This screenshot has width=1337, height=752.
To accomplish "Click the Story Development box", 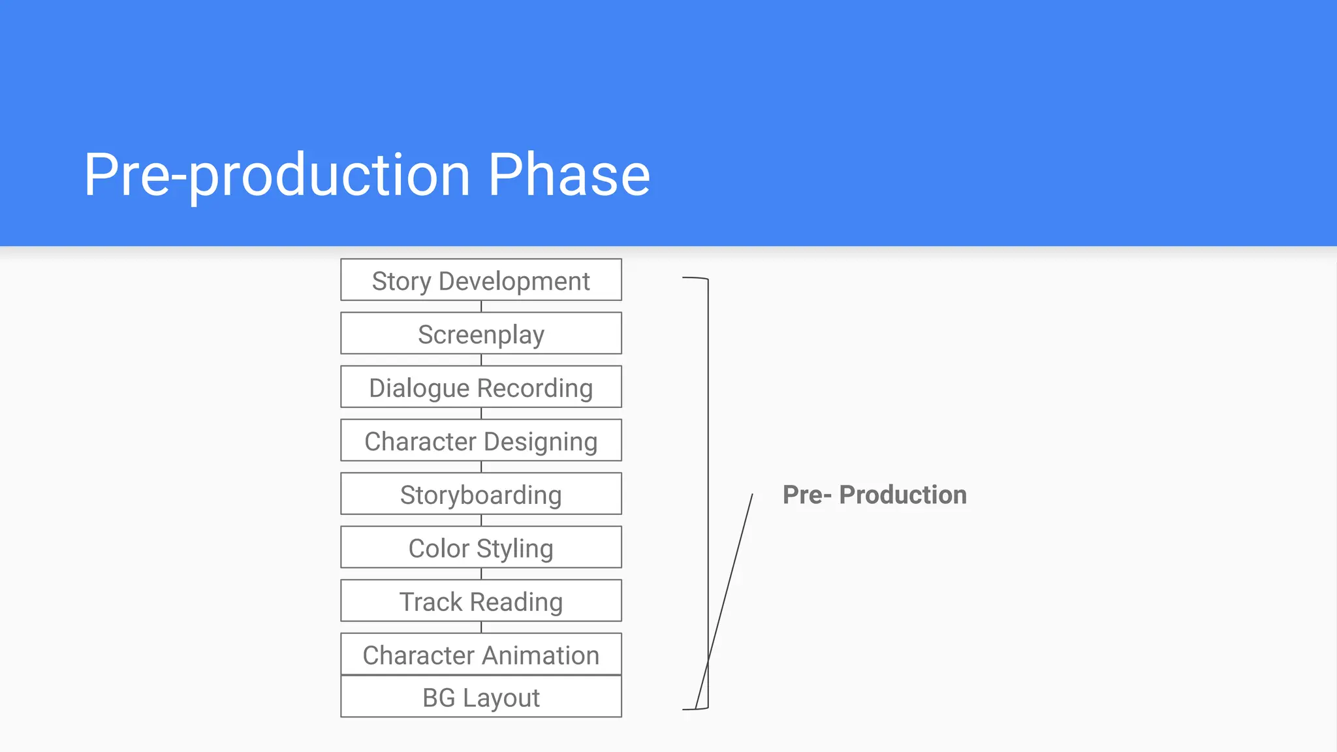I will (x=480, y=280).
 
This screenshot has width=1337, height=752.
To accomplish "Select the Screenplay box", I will (x=480, y=334).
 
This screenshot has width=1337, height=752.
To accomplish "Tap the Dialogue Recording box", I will (x=480, y=387).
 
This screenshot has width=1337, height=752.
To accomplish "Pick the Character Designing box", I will (x=480, y=441).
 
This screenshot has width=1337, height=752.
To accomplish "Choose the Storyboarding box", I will (x=480, y=494).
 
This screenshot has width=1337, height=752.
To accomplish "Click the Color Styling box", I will (x=480, y=548).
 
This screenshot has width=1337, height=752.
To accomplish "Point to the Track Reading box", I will (x=480, y=601).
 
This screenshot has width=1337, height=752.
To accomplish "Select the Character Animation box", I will (x=480, y=654).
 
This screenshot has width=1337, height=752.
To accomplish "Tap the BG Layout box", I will (x=480, y=697).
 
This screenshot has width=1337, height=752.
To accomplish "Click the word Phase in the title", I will (x=569, y=174).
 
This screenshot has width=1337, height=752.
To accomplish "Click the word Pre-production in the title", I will (x=277, y=174).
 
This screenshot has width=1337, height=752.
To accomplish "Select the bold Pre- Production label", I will (x=874, y=495).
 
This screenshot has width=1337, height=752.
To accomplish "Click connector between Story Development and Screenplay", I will (x=481, y=306).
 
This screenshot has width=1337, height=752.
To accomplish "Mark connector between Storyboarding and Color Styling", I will (x=481, y=520).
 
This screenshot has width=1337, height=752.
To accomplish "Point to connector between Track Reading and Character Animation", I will (x=481, y=627).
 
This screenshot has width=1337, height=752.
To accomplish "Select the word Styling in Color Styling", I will (x=515, y=548).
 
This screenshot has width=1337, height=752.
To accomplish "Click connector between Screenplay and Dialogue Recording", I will (x=481, y=360).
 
